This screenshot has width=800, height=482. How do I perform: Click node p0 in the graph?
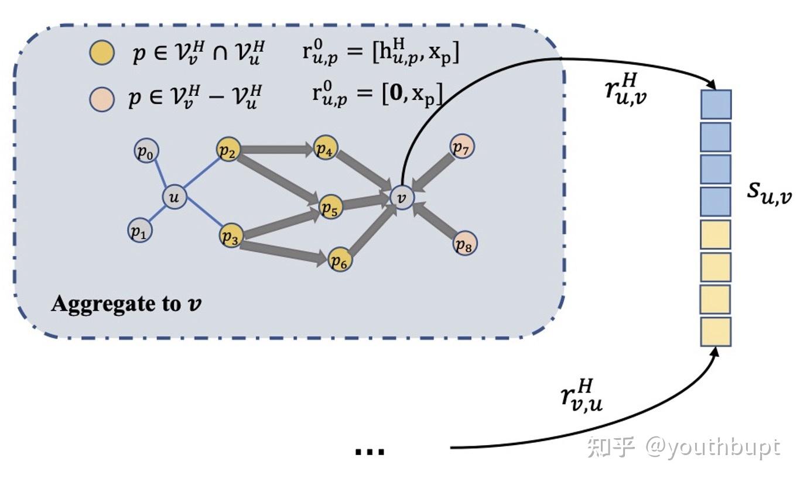[145, 152]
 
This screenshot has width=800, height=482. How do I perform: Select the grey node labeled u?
[174, 198]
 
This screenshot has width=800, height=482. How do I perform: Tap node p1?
[139, 231]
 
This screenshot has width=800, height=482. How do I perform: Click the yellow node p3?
[231, 236]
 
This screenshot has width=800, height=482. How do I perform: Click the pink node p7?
[462, 146]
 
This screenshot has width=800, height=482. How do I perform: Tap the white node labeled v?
[402, 197]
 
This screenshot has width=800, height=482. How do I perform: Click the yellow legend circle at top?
[101, 53]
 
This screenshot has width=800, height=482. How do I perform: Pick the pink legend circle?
[101, 98]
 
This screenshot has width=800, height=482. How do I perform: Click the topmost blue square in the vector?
[716, 105]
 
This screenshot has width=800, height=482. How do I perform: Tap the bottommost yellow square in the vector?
[716, 331]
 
